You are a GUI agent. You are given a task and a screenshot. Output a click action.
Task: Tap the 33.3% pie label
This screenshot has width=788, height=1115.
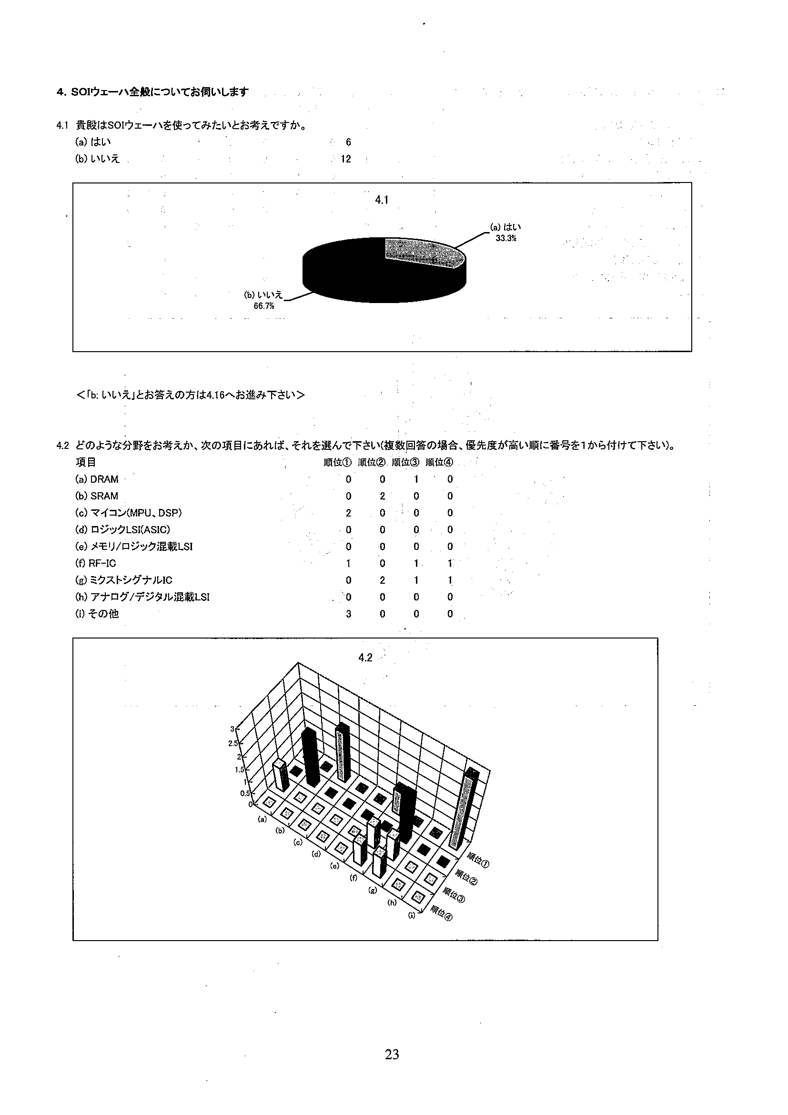pos(505,238)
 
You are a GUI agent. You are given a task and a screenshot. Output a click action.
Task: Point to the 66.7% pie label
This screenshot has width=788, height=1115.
pos(263,306)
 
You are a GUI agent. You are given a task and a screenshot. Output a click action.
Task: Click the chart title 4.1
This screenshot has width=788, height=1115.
pos(382,200)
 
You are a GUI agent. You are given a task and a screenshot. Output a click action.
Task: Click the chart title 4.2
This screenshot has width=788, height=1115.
pos(365,658)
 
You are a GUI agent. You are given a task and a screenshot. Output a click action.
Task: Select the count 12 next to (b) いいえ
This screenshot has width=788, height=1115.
pos(346,159)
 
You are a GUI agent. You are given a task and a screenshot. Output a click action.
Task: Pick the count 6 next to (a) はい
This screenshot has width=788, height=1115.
pos(348,142)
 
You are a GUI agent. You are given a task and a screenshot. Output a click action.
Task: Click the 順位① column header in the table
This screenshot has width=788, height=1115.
pos(337,462)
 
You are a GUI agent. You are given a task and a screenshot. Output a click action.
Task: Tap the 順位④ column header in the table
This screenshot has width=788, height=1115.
pos(439,462)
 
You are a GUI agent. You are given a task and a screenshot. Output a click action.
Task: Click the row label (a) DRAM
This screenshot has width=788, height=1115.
pos(97,479)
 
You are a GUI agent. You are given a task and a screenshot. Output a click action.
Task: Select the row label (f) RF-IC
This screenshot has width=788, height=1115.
pos(96,563)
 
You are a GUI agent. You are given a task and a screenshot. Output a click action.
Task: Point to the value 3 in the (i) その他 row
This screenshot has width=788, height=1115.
pos(348,614)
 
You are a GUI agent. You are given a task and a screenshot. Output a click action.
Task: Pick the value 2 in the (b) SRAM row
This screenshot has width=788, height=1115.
pos(382,496)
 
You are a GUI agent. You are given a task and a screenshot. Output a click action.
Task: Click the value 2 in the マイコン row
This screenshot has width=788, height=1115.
pos(348,513)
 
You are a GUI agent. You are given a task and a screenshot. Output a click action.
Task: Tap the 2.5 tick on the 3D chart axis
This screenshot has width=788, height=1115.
pos(233,743)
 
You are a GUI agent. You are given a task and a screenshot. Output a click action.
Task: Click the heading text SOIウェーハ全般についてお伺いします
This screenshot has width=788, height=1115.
pos(160,91)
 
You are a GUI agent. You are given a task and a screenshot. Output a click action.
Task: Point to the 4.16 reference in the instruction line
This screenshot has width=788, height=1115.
pos(215,395)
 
